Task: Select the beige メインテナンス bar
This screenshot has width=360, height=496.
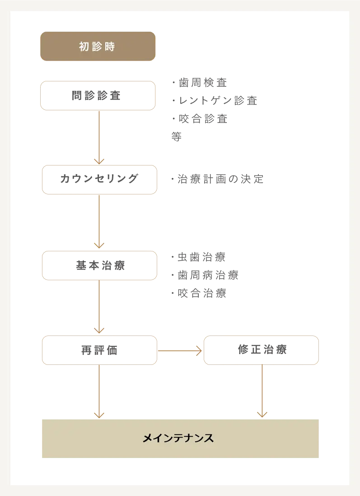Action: pos(180,437)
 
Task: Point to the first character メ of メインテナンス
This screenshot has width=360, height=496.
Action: pos(147,438)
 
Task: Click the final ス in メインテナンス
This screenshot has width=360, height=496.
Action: pos(209,438)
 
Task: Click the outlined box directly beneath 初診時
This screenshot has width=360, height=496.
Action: pos(98,96)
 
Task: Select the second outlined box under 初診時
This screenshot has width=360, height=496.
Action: pos(99,180)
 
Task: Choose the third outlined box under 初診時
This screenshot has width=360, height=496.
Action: pos(99,266)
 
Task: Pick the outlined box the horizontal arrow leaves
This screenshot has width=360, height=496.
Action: pos(99,350)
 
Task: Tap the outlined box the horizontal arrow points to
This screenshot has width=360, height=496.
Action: pos(262,350)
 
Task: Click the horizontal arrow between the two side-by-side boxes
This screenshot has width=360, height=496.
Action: pos(180,350)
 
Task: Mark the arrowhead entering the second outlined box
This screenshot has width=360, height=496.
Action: pos(98,161)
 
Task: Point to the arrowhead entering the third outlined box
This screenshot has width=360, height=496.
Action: pos(98,246)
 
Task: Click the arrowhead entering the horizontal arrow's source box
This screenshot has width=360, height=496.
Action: pos(98,330)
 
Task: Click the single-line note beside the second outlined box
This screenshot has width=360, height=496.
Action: pos(217,180)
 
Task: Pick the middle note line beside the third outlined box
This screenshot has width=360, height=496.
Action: pos(205,275)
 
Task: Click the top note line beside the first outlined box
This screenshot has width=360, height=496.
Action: pos(199,82)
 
